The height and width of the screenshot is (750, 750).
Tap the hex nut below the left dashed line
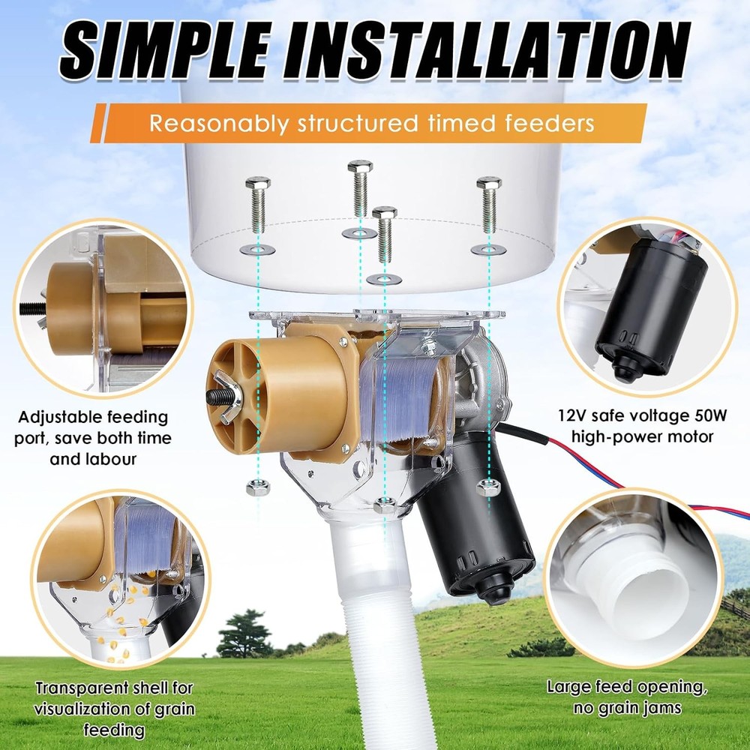tap(255, 488)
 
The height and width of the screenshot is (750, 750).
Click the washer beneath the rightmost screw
tap(488, 248)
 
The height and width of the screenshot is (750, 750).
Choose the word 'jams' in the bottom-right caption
tap(669, 708)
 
